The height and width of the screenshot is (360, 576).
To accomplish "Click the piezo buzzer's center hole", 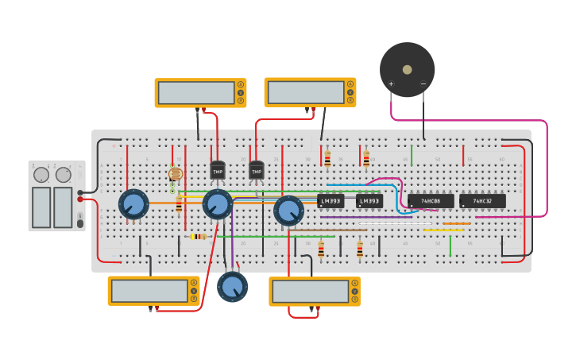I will (x=407, y=69).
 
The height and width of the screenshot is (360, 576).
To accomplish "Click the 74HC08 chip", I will (x=431, y=201).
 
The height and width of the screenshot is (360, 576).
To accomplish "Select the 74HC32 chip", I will (x=482, y=201).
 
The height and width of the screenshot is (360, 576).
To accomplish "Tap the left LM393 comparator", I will (x=331, y=201).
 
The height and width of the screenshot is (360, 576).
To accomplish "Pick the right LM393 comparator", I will (x=369, y=201).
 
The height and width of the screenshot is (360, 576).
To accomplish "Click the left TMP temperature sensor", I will (x=218, y=170).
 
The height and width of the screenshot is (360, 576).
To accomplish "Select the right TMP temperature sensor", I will (x=256, y=170).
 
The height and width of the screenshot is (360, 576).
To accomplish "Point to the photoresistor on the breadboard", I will (x=176, y=174).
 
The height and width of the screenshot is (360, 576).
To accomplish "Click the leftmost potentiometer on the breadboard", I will (x=133, y=204).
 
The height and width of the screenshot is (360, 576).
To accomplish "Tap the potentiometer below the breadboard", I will (x=232, y=286).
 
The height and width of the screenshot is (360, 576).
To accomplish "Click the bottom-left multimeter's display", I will (x=149, y=291).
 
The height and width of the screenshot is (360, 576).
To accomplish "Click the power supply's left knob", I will (x=41, y=175).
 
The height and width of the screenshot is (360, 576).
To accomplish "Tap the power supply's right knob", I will (x=63, y=175).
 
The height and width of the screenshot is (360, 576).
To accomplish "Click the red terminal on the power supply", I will (x=80, y=199).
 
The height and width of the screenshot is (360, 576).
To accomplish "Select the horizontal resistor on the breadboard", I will (x=198, y=236).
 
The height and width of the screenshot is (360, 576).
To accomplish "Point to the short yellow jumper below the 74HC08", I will (x=443, y=230).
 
